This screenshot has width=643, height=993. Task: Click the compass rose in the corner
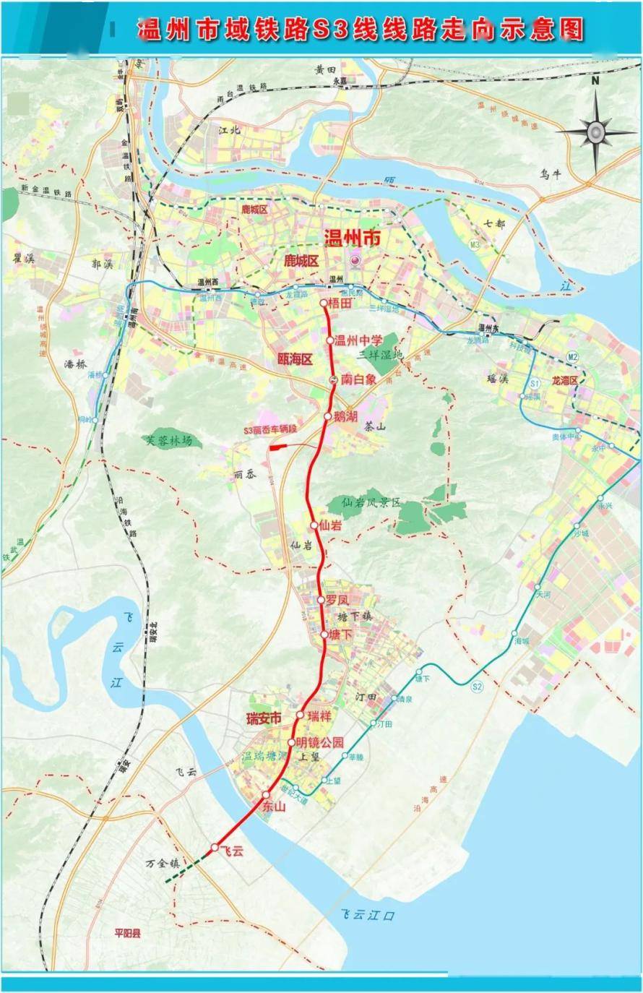595,132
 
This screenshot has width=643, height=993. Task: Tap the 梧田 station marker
324,304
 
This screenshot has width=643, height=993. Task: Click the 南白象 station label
358,379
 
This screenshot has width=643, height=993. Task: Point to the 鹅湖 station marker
328,416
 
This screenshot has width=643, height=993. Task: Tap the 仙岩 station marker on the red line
314,525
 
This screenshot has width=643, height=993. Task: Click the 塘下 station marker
324,635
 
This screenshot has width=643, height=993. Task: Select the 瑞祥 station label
319,716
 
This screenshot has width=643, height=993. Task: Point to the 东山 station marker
266,794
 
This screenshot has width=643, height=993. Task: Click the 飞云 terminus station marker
215,847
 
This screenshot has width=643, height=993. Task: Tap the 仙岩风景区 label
371,502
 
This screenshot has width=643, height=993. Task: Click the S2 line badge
476,686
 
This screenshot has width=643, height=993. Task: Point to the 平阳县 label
128,933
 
